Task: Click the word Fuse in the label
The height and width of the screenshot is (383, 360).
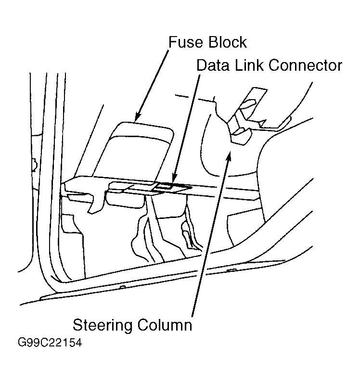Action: (185, 42)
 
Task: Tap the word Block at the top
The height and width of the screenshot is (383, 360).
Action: (228, 42)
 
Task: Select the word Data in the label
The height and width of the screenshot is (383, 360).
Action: (213, 65)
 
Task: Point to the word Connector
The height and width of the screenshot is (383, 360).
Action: (305, 65)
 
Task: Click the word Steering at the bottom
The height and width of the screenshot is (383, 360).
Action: (103, 326)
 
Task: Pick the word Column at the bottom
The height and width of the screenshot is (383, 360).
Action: (165, 325)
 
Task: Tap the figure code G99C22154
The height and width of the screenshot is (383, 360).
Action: (50, 343)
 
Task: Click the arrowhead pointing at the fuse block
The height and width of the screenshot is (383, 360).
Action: (138, 117)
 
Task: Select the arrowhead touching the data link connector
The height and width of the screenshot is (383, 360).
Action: (175, 178)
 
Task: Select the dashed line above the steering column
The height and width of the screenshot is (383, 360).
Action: (194, 98)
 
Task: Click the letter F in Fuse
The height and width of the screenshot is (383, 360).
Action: (173, 42)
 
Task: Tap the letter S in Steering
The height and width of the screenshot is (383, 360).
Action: (77, 325)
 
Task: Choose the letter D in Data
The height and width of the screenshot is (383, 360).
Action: (201, 65)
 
